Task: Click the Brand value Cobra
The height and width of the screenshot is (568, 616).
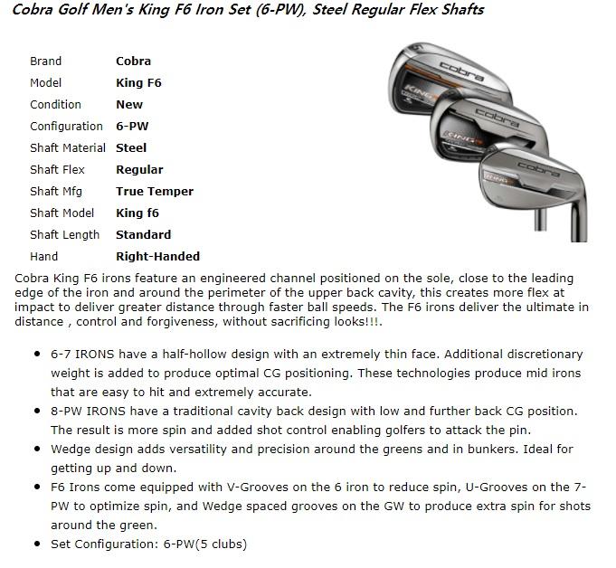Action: pos(133,62)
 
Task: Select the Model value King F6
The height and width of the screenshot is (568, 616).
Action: pos(138,83)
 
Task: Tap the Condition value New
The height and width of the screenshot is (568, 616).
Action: pos(129,105)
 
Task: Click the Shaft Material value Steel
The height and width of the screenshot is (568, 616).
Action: pos(131,148)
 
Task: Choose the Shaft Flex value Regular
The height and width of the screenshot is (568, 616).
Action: pos(139,170)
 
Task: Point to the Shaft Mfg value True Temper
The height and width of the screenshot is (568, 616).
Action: pos(155,192)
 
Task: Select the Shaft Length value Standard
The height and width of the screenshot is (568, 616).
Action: pos(143,235)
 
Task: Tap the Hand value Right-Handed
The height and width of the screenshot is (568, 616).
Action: pos(157,257)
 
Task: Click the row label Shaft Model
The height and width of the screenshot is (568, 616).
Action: pos(62,213)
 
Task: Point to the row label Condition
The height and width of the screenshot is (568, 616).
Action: pos(55,105)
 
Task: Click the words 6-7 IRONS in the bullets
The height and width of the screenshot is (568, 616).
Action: pos(80,355)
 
